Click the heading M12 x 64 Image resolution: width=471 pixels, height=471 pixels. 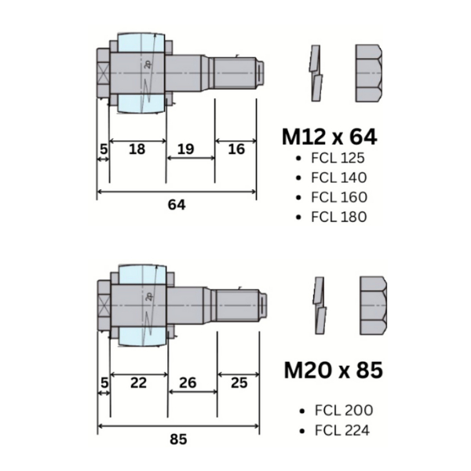[x=330, y=137]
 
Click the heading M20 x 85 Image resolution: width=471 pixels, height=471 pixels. [x=334, y=370]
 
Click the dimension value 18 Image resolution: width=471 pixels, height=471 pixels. [x=137, y=149]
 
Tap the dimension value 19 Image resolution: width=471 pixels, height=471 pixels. [x=185, y=149]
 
